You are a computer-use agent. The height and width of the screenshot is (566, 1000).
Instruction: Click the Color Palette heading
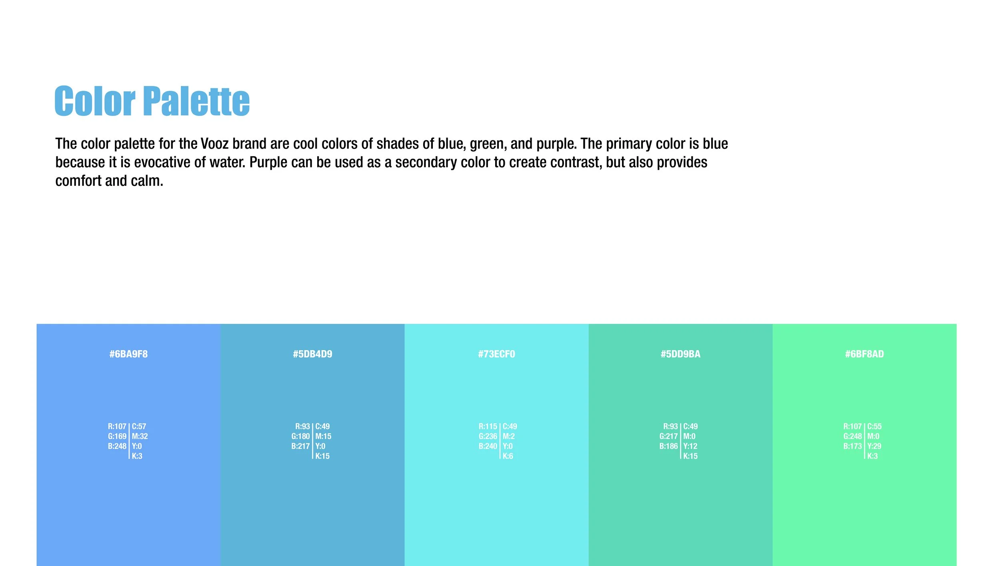(152, 101)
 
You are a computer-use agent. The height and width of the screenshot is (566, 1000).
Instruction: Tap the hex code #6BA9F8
(128, 354)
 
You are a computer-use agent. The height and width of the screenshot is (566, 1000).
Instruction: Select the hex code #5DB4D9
(312, 354)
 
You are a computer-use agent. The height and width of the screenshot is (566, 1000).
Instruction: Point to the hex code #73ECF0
(496, 354)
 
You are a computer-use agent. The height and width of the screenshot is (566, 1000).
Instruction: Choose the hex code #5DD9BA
(680, 354)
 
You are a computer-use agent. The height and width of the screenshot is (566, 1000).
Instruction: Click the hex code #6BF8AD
(864, 354)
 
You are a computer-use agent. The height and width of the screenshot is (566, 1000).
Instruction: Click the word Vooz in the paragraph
(214, 144)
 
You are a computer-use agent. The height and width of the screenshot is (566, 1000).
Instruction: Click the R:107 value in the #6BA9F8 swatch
(117, 426)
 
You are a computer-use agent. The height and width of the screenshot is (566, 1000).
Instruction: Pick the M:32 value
(140, 436)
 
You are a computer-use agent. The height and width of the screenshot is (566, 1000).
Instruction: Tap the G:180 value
(300, 436)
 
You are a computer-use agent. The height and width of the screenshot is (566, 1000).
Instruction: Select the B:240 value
(488, 446)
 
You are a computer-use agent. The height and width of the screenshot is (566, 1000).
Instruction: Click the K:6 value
(508, 456)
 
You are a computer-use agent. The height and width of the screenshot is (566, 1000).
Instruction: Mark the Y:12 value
(690, 446)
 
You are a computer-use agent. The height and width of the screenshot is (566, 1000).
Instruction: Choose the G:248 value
(852, 436)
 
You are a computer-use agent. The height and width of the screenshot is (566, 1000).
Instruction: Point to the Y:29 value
(874, 446)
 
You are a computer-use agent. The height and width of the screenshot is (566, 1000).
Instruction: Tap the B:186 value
(668, 446)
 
